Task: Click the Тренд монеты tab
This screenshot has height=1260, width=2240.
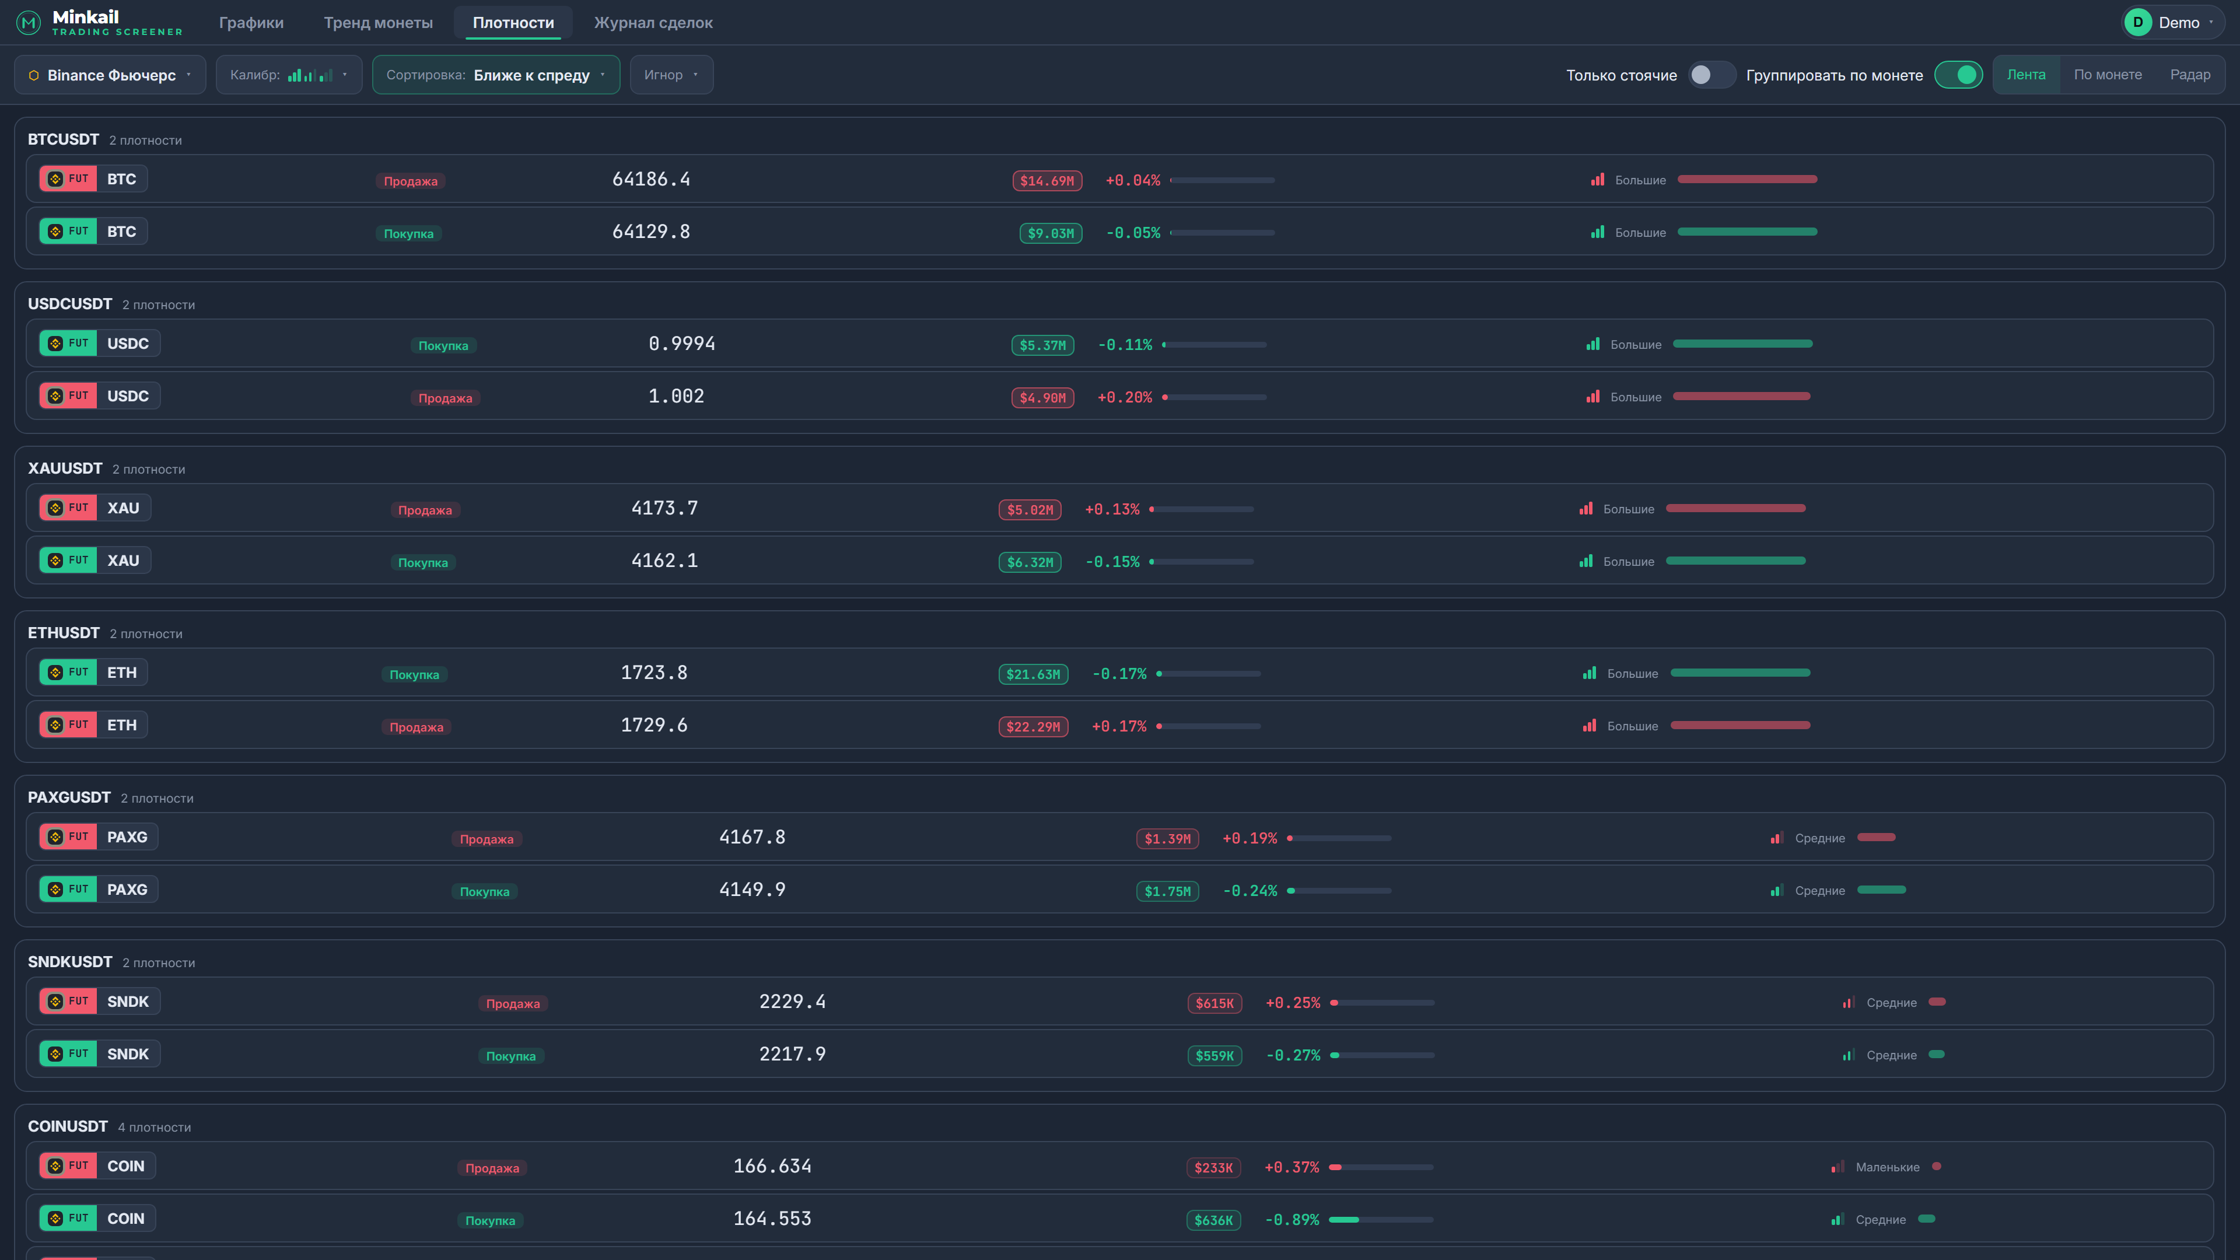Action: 378,23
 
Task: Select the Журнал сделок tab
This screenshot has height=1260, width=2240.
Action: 653,23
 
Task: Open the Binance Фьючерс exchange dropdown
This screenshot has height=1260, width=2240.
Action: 110,75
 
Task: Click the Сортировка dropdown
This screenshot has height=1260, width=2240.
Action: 496,75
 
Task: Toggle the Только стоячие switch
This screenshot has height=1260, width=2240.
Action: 1710,75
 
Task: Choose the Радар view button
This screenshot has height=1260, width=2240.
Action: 2190,75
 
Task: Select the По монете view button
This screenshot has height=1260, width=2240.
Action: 2108,75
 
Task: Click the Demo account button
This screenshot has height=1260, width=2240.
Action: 2171,23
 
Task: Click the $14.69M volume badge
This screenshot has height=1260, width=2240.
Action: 1047,181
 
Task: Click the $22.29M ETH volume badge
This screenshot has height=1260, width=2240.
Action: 1033,727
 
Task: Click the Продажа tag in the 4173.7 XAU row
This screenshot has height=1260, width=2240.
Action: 425,510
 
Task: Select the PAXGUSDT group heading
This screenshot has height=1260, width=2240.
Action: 69,797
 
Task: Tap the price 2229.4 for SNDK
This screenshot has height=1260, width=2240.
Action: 792,1002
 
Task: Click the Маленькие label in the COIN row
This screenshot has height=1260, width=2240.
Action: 1887,1167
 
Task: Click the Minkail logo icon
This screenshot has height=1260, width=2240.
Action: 29,23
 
